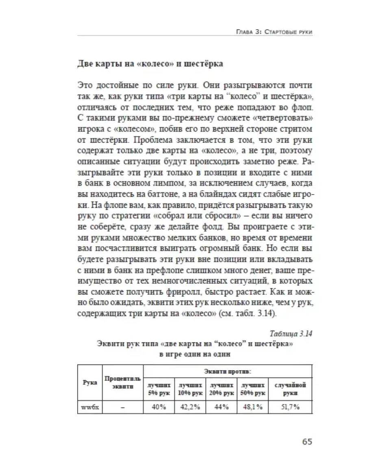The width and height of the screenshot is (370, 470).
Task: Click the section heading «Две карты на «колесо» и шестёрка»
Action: pyautogui.click(x=150, y=65)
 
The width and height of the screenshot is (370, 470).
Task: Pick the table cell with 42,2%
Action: pyautogui.click(x=190, y=407)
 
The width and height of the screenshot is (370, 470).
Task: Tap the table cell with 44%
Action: pyautogui.click(x=221, y=407)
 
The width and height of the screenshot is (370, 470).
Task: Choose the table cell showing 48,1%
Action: pyautogui.click(x=252, y=407)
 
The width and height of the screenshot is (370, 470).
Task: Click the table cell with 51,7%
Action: pyautogui.click(x=290, y=407)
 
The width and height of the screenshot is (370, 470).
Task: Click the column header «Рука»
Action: pyautogui.click(x=90, y=383)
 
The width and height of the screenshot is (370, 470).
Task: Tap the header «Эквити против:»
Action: pyautogui.click(x=228, y=371)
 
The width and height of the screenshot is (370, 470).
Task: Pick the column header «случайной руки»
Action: pyautogui.click(x=290, y=389)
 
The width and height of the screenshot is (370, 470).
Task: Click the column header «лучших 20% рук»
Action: pyautogui.click(x=221, y=389)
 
